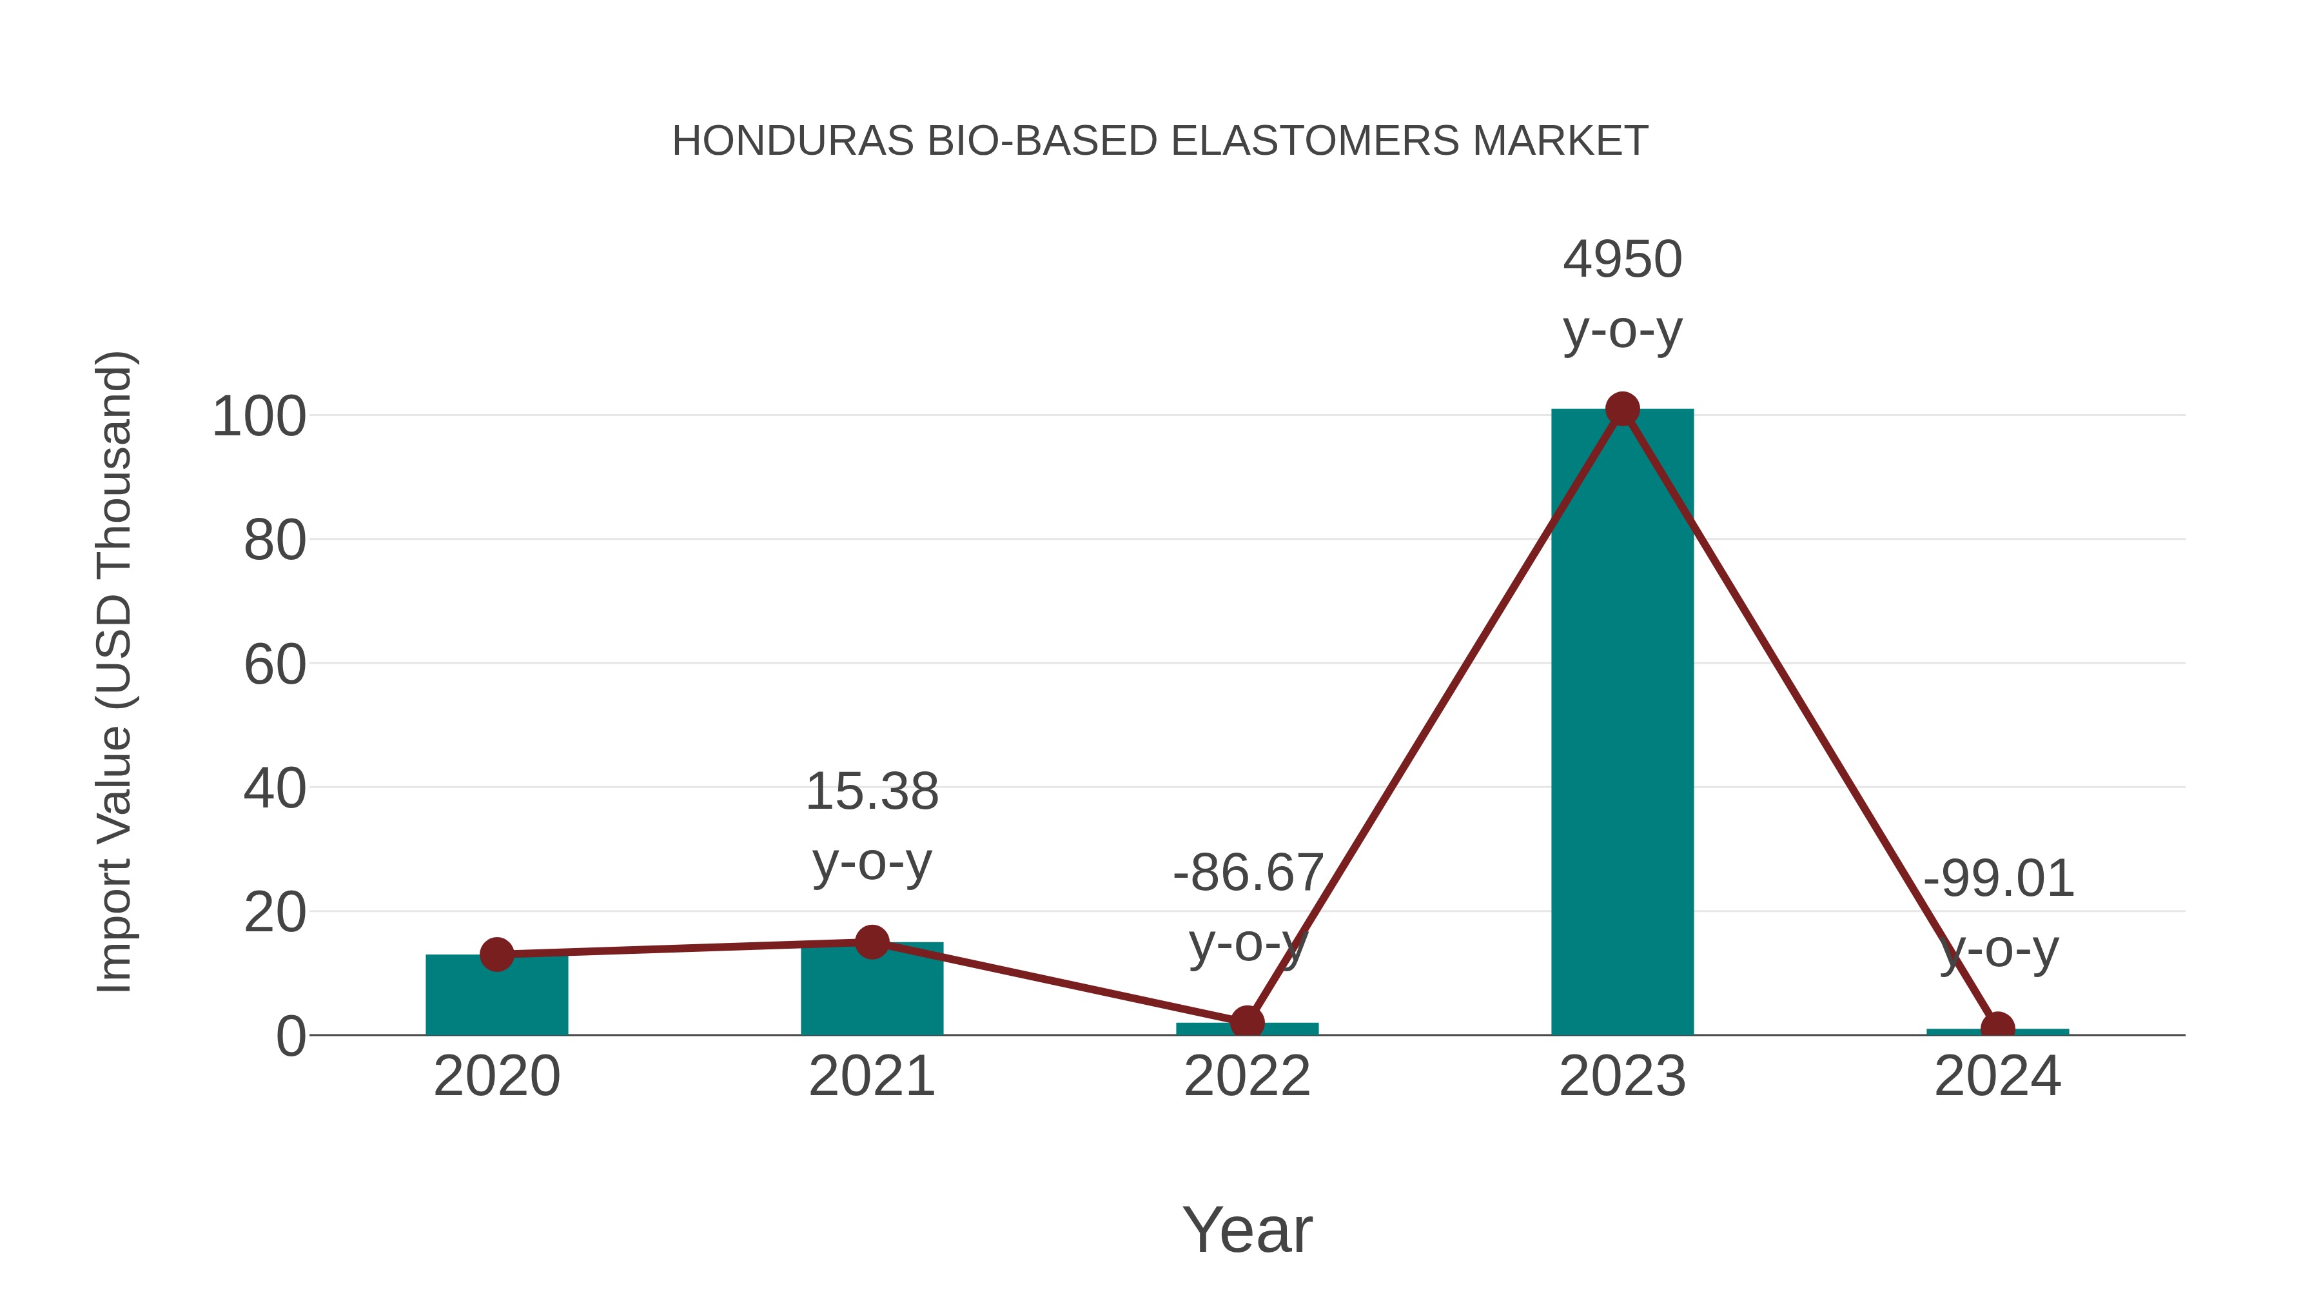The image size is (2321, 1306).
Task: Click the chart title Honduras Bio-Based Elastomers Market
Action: click(x=1160, y=141)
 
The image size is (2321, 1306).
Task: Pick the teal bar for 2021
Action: click(x=871, y=991)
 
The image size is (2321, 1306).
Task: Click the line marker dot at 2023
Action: click(x=1622, y=409)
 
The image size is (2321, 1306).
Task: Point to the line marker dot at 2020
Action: click(x=496, y=955)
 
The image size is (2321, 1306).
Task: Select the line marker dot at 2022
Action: click(x=1247, y=1023)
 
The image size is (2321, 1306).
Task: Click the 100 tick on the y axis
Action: click(x=259, y=417)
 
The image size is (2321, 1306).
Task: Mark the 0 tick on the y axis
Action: click(x=291, y=1036)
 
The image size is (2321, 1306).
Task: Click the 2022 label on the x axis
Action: click(x=1247, y=1076)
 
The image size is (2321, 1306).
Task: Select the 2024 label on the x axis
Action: click(x=1997, y=1076)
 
